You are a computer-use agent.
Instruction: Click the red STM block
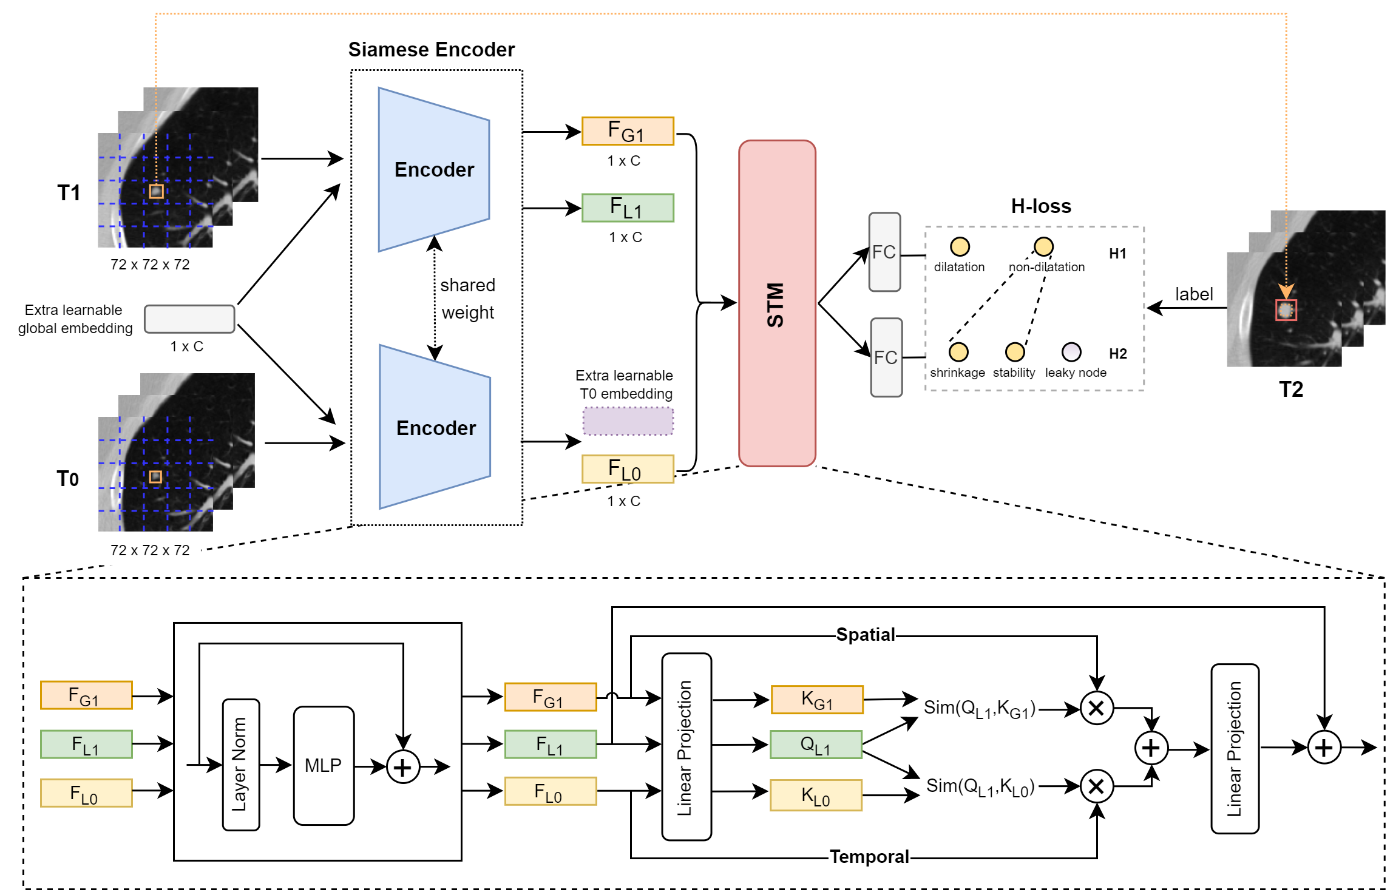click(x=776, y=303)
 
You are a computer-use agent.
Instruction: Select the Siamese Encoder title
click(x=431, y=49)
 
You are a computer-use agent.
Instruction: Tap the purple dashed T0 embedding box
click(x=628, y=421)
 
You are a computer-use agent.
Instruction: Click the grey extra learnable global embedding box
click(x=189, y=319)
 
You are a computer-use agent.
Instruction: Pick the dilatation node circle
click(x=960, y=246)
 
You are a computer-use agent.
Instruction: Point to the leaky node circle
click(x=1071, y=352)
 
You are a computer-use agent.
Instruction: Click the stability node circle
click(x=1015, y=352)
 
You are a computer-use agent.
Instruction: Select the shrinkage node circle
click(x=958, y=352)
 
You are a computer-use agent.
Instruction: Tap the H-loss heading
click(x=1040, y=206)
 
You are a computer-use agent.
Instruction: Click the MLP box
click(x=324, y=765)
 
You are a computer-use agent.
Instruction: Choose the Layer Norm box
click(x=241, y=765)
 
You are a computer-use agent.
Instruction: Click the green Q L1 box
click(x=815, y=745)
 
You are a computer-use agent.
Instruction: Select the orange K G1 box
click(x=816, y=700)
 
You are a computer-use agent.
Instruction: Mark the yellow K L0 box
click(x=815, y=795)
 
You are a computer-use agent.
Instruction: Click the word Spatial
click(x=865, y=635)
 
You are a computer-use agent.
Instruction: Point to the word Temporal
click(x=869, y=857)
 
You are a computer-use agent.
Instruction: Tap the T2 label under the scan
click(x=1290, y=389)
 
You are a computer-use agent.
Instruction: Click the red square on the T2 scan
click(x=1286, y=310)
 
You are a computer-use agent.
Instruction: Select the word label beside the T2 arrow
click(x=1193, y=294)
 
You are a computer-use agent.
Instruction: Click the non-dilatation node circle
click(x=1043, y=246)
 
